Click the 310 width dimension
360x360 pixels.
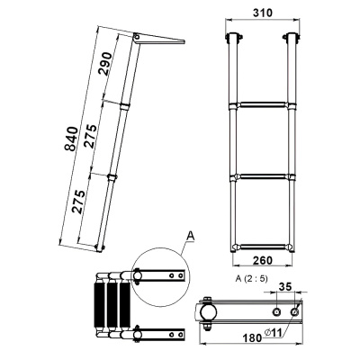263,13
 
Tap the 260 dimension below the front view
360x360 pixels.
263,260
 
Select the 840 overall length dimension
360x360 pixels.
71,139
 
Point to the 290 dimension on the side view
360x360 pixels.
105,64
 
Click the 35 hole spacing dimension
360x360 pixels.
284,286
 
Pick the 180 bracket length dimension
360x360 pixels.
252,337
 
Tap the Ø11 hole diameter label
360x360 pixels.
273,332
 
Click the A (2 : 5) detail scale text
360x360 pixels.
251,279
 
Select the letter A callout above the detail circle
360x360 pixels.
190,236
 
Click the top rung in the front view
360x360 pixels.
263,105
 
